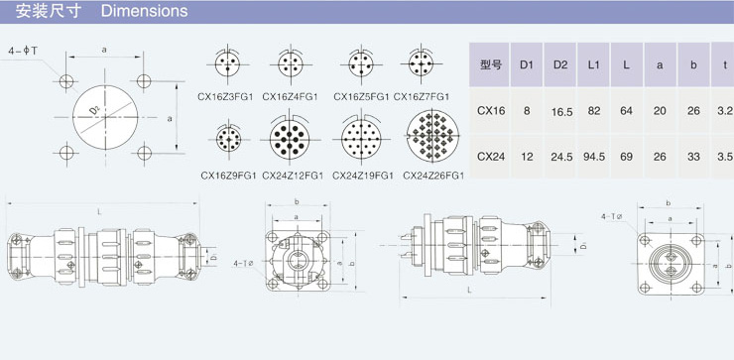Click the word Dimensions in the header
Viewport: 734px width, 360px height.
click(x=144, y=11)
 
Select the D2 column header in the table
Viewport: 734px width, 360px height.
click(x=559, y=64)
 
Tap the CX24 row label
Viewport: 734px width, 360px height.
click(x=491, y=157)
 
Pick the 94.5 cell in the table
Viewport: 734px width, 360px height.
click(x=593, y=157)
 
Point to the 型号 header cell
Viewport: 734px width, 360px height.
click(x=489, y=64)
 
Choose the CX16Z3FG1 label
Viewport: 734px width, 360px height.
click(x=225, y=97)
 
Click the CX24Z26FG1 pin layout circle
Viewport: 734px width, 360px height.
click(x=432, y=136)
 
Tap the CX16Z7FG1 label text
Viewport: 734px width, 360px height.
click(x=422, y=97)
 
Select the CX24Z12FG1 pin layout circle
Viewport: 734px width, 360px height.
click(x=290, y=139)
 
